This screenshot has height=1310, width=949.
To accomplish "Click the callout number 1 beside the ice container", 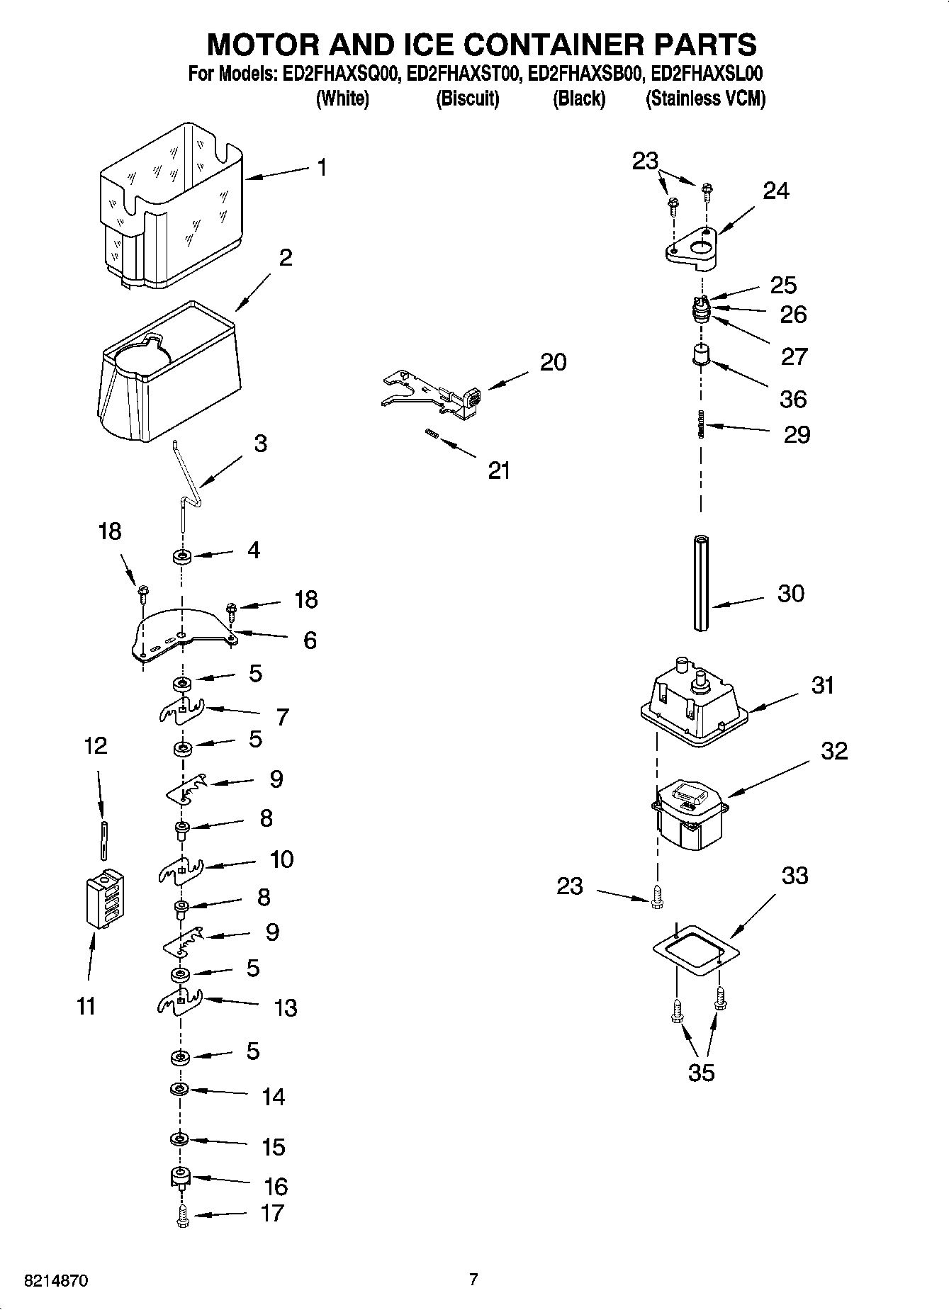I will [x=322, y=169].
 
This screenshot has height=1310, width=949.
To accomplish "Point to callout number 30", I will [x=791, y=593].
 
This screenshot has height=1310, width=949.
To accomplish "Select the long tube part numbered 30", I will [x=701, y=582].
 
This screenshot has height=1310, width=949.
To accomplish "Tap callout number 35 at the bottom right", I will [x=701, y=1073].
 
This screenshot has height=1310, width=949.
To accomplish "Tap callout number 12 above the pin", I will [x=96, y=745].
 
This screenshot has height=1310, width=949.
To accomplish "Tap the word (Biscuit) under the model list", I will [x=467, y=98].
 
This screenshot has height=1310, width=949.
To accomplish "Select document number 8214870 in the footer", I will [x=57, y=1281].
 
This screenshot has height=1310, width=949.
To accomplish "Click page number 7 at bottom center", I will [x=473, y=1280].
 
